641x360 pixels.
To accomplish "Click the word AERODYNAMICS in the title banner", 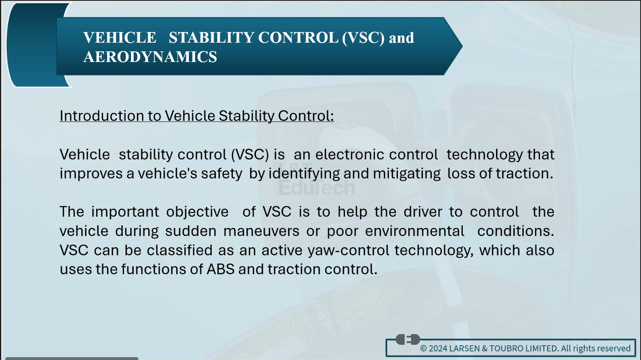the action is click(150, 56).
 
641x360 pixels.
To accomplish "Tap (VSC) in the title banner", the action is click(363, 38).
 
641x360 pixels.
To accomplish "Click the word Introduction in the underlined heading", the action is click(101, 116).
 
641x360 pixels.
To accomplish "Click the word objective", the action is click(198, 212).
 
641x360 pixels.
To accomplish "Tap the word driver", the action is click(423, 212).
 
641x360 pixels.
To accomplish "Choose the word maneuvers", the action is click(261, 231).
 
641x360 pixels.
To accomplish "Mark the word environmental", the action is click(415, 231).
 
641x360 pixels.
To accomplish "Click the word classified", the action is click(180, 250).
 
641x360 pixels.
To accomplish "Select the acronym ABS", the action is click(221, 269).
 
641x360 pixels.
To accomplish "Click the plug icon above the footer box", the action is click(408, 339).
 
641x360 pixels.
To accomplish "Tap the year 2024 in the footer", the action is click(438, 349).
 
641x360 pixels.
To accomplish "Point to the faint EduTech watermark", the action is click(317, 188).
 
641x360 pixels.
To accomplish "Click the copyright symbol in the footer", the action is click(423, 349).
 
